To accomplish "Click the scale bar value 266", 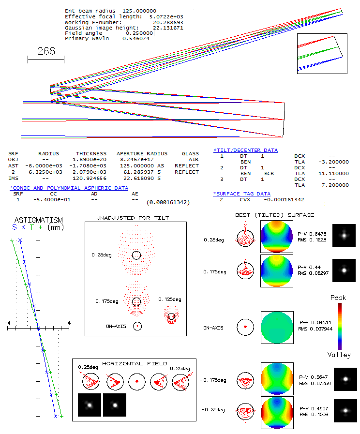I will (x=46, y=51).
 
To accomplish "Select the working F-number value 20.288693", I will (x=168, y=22).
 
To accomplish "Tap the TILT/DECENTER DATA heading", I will (x=245, y=150).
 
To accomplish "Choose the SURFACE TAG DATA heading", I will (x=242, y=194).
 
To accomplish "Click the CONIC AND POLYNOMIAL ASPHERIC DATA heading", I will (x=69, y=188).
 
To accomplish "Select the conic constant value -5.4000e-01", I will (x=47, y=199).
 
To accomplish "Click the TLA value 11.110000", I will (x=333, y=173).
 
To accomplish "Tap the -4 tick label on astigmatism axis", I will (x=7, y=323).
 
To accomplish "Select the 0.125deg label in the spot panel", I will (x=170, y=299).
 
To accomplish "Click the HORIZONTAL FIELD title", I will (x=135, y=363).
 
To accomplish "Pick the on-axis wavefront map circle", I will (x=277, y=328).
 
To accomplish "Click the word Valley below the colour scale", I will (x=339, y=355).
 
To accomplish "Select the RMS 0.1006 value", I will (x=311, y=414).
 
